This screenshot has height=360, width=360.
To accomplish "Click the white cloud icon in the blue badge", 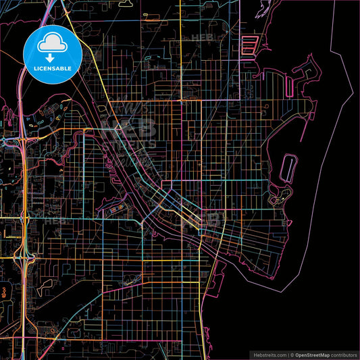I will coord(52,43).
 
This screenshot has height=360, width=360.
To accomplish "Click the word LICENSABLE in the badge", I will coord(52,68).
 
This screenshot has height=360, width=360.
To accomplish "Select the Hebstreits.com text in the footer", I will coord(269,355).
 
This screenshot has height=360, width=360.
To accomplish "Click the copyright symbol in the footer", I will coord(292,355).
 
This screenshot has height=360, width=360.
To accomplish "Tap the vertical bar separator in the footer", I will coord(287,355).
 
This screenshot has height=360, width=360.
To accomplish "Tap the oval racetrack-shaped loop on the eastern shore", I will coord(288,167).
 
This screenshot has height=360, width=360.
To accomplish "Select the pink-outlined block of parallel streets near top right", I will coord(249,45).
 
